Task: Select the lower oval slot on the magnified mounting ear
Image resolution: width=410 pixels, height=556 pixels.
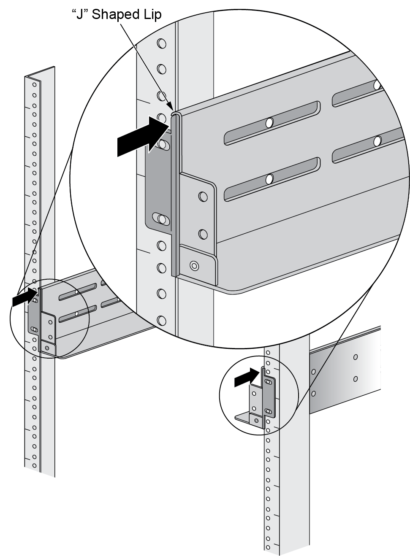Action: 160,219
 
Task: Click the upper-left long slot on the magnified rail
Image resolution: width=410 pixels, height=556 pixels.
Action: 270,123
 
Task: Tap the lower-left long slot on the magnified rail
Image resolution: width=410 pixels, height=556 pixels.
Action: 270,179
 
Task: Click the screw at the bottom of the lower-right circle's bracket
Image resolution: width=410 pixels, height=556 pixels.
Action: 256,420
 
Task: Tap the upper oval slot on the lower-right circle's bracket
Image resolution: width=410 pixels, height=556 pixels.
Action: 268,382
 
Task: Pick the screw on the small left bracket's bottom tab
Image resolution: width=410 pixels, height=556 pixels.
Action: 47,348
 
